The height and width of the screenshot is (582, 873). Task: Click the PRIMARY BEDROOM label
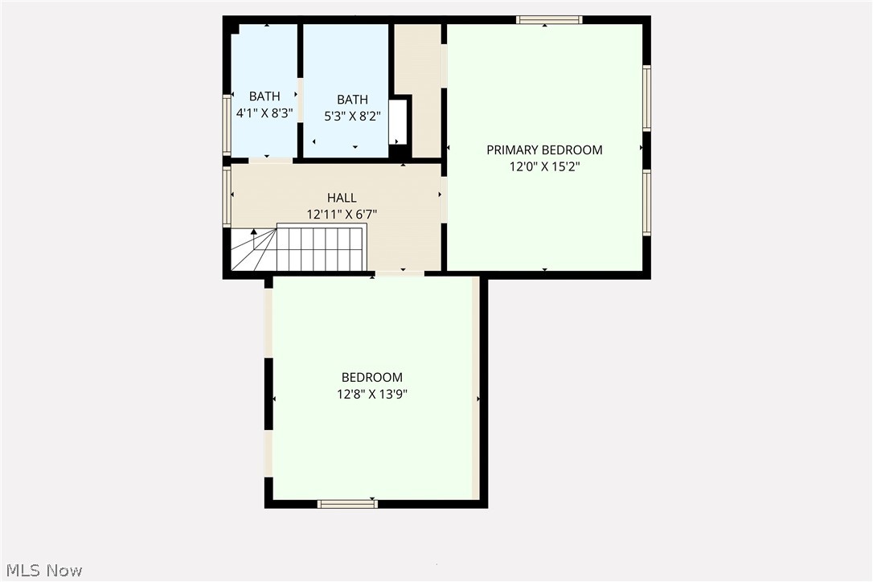click(544, 150)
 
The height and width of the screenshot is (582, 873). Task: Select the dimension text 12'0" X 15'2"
click(544, 167)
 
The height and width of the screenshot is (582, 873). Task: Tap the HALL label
click(342, 198)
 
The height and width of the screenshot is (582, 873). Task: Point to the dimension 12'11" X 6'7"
click(342, 215)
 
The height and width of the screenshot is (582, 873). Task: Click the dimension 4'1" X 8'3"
click(264, 114)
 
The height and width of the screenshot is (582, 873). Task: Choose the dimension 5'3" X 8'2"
click(352, 116)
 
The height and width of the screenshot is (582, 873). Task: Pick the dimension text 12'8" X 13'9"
click(372, 394)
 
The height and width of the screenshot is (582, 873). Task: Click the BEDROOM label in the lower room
click(372, 377)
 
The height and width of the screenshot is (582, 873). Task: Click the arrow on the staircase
click(254, 233)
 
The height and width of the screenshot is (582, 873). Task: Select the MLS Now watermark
click(42, 571)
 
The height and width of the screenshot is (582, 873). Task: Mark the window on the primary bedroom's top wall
click(549, 20)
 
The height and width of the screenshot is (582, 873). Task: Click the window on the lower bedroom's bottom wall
click(347, 504)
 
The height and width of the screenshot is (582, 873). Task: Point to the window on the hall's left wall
click(227, 195)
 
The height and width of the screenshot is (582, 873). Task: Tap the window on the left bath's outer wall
click(227, 125)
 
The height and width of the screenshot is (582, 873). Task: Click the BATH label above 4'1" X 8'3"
click(264, 96)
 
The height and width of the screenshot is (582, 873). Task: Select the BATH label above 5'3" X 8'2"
click(352, 99)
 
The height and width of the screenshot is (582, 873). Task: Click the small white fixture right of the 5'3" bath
click(398, 122)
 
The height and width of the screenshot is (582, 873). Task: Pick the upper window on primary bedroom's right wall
click(646, 97)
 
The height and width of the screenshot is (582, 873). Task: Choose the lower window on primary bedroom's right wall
click(646, 202)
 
